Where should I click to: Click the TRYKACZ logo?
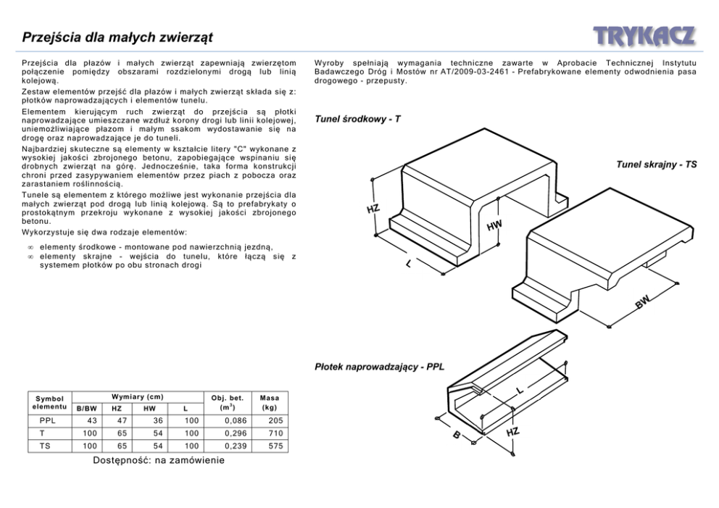tap(644, 36)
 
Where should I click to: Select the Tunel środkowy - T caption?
tap(357, 119)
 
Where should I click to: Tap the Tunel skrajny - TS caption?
tap(657, 165)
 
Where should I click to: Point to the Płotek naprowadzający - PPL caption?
tap(379, 367)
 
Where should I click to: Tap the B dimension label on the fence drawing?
tap(457, 436)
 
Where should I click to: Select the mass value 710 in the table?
tap(275, 433)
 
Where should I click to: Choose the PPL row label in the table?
tap(47, 420)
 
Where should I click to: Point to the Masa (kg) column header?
tap(270, 403)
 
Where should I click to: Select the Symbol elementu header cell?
tap(49, 403)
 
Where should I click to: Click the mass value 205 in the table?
tap(275, 420)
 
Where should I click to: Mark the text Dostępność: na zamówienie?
tap(159, 460)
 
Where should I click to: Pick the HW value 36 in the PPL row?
tap(158, 420)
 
